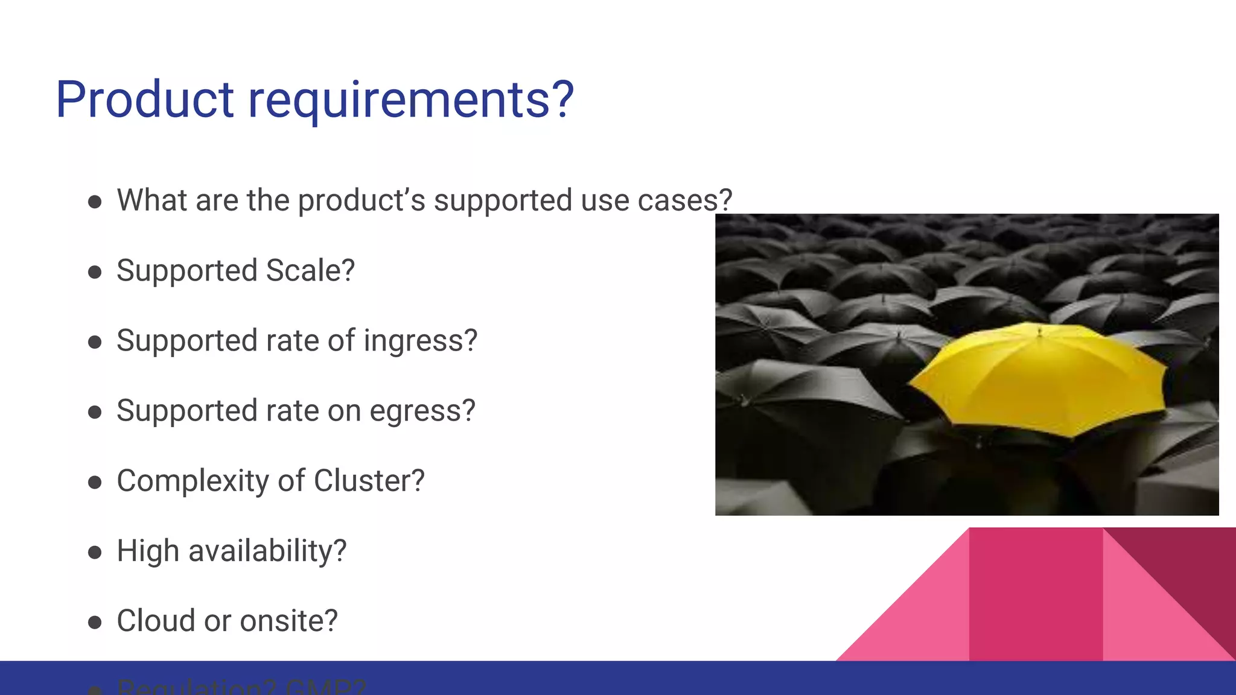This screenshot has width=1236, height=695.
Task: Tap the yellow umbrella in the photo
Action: click(x=1038, y=380)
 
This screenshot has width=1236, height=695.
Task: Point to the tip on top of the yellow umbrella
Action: click(x=1039, y=330)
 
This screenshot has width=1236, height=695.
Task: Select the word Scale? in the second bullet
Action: click(x=310, y=271)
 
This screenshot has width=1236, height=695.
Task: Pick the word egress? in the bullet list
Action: click(x=422, y=411)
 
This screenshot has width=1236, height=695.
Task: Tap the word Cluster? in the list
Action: click(x=369, y=481)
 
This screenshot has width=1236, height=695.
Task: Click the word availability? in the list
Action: click(x=267, y=551)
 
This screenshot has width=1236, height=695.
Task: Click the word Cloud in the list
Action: click(x=156, y=621)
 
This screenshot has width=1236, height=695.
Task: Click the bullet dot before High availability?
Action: click(x=95, y=552)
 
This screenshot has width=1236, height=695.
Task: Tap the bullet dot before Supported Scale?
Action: click(x=95, y=272)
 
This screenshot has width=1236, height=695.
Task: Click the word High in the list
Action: click(x=148, y=551)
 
